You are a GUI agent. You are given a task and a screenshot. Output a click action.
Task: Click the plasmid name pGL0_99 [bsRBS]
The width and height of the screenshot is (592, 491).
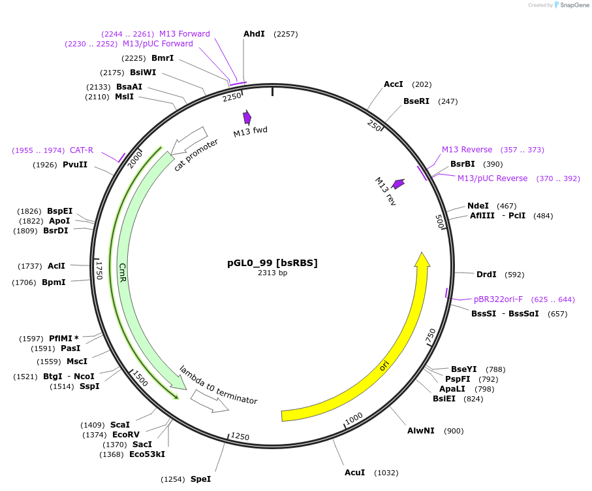click(272, 263)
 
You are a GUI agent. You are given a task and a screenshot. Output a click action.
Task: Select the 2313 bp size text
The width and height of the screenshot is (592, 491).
click(272, 273)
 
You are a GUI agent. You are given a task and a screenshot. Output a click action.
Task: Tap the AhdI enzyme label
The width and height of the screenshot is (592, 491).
click(254, 33)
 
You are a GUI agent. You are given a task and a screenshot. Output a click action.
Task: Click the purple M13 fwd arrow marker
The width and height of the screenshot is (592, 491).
click(247, 117)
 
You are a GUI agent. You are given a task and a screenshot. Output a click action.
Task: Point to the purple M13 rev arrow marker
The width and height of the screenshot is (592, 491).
click(397, 184)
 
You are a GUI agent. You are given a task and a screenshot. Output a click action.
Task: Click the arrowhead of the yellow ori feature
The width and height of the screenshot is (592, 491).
click(422, 259)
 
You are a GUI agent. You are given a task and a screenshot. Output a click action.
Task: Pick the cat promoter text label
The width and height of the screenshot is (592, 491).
click(196, 155)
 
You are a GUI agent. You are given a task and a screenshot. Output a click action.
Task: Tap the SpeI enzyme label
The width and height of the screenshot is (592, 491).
click(200, 479)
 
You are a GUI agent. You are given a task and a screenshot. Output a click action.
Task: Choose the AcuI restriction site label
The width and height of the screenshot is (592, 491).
click(355, 472)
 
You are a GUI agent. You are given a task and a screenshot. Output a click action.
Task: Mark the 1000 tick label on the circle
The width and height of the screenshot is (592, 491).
click(354, 418)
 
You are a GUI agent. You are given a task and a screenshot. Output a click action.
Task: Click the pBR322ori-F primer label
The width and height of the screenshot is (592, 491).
click(498, 299)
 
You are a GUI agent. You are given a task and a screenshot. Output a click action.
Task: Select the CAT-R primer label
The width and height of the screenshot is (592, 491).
click(82, 150)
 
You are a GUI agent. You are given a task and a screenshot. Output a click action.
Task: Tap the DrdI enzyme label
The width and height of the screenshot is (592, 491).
click(486, 275)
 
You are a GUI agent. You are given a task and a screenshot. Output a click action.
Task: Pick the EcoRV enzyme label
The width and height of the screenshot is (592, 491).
click(125, 435)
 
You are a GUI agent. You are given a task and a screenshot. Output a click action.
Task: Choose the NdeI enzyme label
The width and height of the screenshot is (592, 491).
click(478, 206)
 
